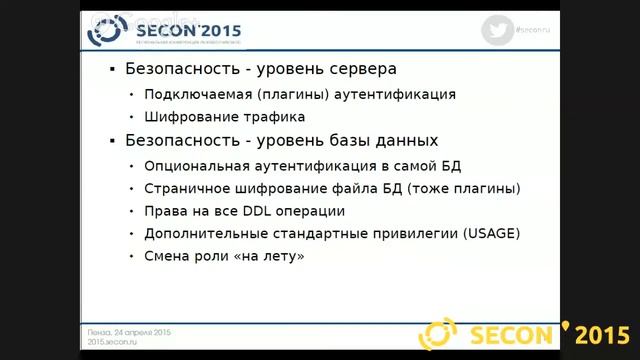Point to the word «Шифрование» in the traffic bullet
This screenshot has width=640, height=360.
point(187,117)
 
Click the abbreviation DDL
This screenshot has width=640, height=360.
point(263,211)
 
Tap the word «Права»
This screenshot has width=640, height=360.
point(165,211)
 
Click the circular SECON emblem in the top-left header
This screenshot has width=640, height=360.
point(104,30)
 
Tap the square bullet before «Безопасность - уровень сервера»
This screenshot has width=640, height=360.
point(112,70)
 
